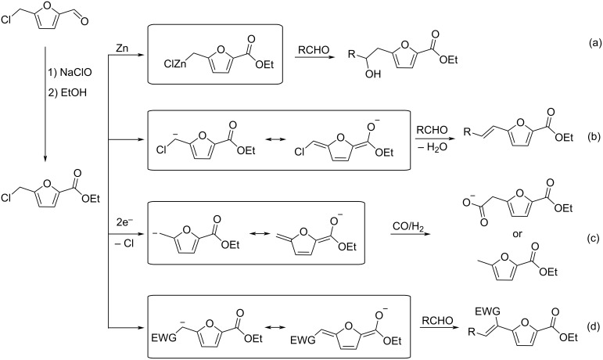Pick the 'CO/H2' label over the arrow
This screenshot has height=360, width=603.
point(408,227)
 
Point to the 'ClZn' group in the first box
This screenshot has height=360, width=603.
point(175,63)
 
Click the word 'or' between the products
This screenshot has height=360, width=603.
point(517,233)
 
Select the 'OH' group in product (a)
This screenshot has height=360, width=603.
point(372,74)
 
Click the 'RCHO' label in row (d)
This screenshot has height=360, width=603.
point(437,320)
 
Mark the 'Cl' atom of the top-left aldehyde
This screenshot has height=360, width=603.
point(6,20)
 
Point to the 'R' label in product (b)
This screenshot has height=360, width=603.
point(467,133)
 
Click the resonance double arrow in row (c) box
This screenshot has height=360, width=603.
point(257,233)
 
